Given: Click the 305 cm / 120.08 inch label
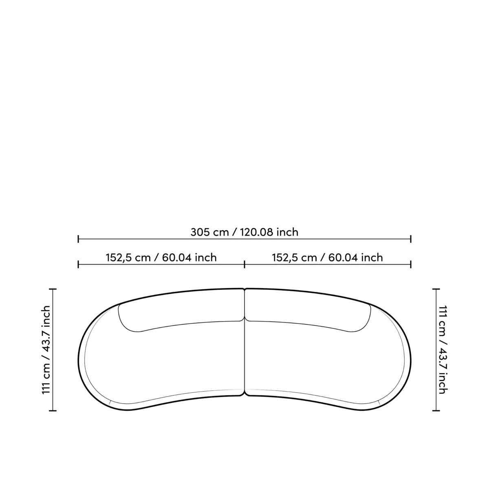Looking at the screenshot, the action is point(244,232).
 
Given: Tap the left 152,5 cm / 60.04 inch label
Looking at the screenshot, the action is point(161,258).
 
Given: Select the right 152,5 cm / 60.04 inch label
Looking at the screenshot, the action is point(327,258).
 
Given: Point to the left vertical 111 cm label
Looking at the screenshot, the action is point(46,350).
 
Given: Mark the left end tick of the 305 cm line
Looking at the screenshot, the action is point(78,239).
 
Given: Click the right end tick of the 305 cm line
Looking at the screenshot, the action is point(411,239).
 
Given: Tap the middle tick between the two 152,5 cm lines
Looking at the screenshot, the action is point(244,264).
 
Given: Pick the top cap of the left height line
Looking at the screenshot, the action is point(53,289).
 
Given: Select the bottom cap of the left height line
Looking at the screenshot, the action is point(53,411).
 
